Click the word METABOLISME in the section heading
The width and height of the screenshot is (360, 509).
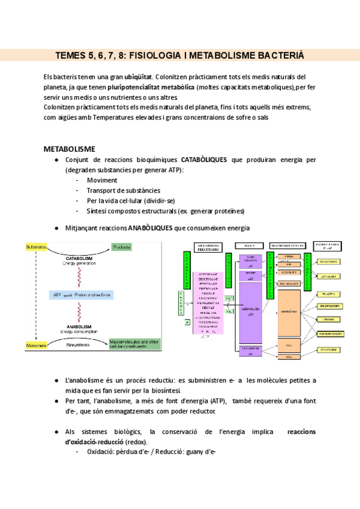pos(70,148)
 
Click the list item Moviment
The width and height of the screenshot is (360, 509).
pos(102,180)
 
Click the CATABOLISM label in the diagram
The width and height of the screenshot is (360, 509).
pos(79,258)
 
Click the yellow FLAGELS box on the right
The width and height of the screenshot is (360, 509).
pos(329,294)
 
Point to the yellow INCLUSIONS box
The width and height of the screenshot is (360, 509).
pos(329,262)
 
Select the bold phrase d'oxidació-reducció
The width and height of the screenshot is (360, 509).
pos(86,442)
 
